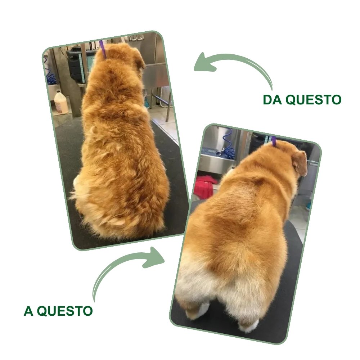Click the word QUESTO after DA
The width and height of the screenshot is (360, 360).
314,100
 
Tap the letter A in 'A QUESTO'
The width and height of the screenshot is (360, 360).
28,311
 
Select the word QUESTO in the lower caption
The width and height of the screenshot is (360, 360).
65,311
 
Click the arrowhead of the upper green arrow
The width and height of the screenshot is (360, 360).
203,63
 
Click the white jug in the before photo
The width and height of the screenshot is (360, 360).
61,102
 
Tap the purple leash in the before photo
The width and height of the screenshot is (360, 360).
103,49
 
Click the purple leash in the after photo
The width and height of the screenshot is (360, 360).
274,140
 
